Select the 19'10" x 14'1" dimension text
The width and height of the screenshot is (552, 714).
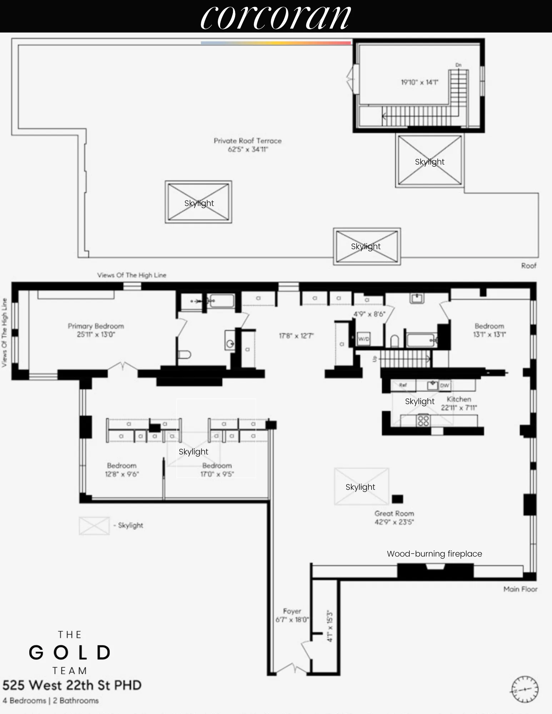point(419,82)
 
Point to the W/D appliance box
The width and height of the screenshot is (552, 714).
point(364,339)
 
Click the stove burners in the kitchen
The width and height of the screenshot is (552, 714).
point(423,420)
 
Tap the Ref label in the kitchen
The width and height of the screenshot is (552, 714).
point(403,385)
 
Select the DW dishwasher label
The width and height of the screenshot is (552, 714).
point(444,386)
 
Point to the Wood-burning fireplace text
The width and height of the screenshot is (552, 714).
point(434,554)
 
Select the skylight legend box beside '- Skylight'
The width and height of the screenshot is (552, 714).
point(94,526)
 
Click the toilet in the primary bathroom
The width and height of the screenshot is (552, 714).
point(184,355)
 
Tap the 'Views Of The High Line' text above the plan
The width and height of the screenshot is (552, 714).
point(131,275)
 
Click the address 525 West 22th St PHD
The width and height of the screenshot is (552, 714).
point(72,685)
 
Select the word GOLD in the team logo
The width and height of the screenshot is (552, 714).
point(70,653)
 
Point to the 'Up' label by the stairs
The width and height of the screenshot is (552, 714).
point(374,359)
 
